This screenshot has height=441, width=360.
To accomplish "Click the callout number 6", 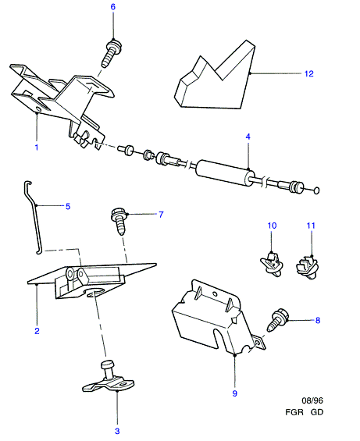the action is [113, 7].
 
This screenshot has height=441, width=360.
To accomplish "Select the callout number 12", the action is [308, 73].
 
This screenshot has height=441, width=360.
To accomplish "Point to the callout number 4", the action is [248, 137].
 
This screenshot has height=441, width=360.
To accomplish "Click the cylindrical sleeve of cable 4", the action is [225, 172].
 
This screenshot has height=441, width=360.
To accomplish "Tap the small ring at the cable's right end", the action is [316, 190].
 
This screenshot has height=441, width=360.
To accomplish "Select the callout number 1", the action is [36, 147].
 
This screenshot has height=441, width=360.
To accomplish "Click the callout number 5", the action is [68, 206].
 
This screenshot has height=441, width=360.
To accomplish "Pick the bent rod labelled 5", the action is [35, 216].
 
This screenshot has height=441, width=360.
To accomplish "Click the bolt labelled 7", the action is [119, 222].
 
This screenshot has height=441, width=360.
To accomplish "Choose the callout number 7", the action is [161, 215].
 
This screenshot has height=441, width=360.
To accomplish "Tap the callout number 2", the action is [37, 331].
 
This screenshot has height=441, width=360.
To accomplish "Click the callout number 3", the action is [117, 431].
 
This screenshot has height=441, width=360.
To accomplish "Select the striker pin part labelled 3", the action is [109, 377].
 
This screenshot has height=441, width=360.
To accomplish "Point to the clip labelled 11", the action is [308, 267].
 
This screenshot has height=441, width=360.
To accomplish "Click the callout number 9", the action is [235, 393].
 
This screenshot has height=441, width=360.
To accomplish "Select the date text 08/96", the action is [312, 400].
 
